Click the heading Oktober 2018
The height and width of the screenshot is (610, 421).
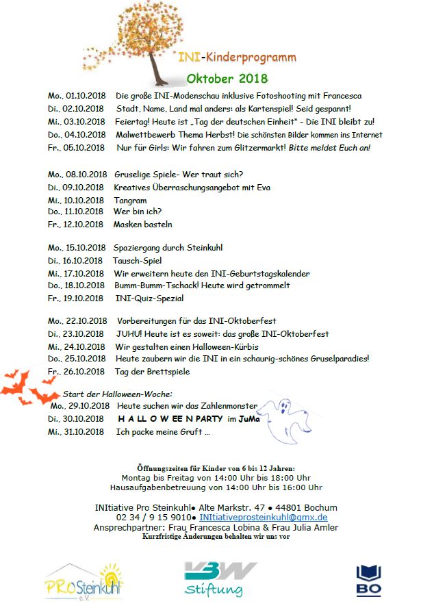pos(227,78)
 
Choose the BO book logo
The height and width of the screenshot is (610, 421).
pos(368,580)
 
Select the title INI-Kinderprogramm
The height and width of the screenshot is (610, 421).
pos(237,58)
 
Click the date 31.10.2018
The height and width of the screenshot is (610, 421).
pos(86,432)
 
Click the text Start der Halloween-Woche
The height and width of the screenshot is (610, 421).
pos(118,394)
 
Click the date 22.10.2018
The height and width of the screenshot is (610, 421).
pos(88,320)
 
